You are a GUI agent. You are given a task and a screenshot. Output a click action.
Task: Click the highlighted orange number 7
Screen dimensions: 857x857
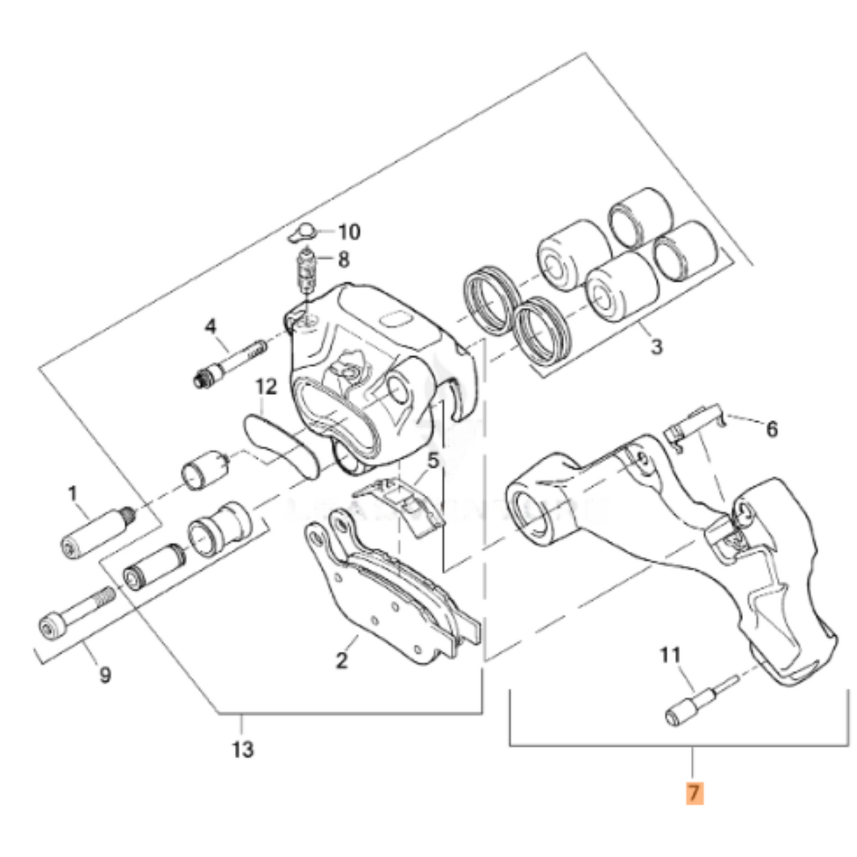[694, 793]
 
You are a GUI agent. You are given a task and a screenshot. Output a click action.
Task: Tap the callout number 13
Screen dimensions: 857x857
[243, 750]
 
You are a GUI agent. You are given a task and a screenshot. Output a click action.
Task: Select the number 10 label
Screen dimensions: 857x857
[349, 232]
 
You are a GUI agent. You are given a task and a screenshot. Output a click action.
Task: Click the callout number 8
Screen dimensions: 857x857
[343, 260]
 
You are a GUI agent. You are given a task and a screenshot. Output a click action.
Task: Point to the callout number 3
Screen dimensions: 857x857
[656, 346]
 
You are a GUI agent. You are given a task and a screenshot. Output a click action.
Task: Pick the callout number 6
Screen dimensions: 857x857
[772, 429]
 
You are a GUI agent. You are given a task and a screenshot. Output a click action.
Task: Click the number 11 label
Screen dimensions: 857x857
[670, 655]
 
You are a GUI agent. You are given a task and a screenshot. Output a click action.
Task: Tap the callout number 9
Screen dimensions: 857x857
[105, 674]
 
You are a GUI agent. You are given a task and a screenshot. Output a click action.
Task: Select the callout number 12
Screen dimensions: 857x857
[266, 387]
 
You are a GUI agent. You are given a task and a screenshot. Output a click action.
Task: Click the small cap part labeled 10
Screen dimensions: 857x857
[302, 233]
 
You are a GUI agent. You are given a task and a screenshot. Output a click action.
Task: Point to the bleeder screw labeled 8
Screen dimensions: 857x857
[306, 272]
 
